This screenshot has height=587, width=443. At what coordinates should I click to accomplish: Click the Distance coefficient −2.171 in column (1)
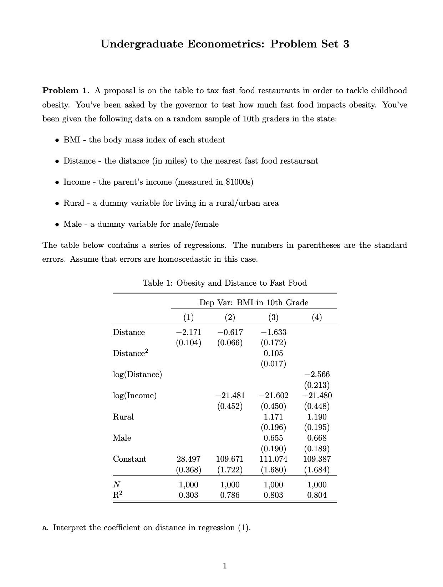[x=188, y=332]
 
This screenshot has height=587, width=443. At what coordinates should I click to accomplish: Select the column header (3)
[x=273, y=317]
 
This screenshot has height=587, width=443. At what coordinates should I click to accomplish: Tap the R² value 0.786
[x=230, y=495]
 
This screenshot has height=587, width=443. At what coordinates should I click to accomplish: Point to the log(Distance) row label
[x=137, y=375]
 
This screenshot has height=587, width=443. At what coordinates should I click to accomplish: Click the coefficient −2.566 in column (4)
[x=317, y=375]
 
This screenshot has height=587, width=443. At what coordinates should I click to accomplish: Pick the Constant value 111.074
[x=273, y=459]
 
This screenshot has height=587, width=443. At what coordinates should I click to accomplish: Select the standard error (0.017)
[x=273, y=364]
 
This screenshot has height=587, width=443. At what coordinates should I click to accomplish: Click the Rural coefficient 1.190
[x=317, y=417]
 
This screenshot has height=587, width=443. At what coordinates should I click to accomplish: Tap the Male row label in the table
[x=122, y=438]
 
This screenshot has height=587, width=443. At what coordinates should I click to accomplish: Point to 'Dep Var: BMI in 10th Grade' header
[x=254, y=303]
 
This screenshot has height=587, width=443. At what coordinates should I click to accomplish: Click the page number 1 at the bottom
[x=224, y=566]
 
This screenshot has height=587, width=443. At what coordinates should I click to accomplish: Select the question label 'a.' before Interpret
[x=46, y=528]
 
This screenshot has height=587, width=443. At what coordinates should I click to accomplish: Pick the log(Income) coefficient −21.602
[x=273, y=396]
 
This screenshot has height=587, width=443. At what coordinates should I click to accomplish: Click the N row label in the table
[x=116, y=485]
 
